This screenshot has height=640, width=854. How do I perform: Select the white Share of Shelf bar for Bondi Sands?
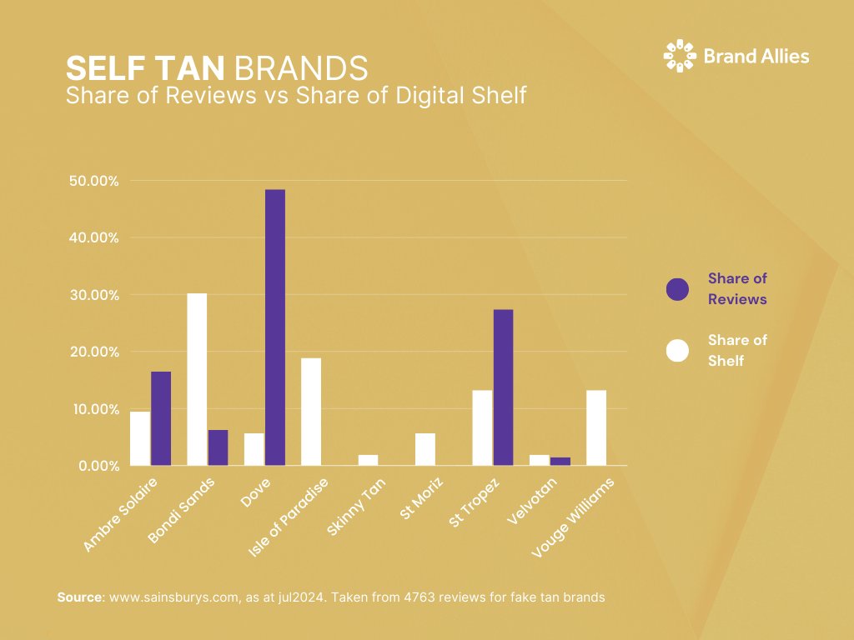pyautogui.click(x=197, y=379)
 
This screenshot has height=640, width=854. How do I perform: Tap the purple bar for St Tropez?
pyautogui.click(x=503, y=387)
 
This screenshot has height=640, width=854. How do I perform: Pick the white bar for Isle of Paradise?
pyautogui.click(x=310, y=412)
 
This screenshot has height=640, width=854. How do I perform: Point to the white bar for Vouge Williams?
pyautogui.click(x=595, y=427)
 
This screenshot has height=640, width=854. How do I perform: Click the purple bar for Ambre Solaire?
pyautogui.click(x=161, y=418)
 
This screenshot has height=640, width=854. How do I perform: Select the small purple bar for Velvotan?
pyautogui.click(x=560, y=461)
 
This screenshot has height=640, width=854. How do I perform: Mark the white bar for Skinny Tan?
pyautogui.click(x=368, y=460)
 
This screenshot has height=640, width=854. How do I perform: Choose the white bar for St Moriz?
pyautogui.click(x=424, y=449)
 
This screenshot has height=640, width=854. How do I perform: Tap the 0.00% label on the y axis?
pyautogui.click(x=98, y=466)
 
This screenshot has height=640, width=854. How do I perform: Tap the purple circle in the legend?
pyautogui.click(x=677, y=289)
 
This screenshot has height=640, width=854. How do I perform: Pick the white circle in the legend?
pyautogui.click(x=677, y=351)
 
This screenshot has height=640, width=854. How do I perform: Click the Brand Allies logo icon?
pyautogui.click(x=679, y=56)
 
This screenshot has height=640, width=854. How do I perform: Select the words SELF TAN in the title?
pyautogui.click(x=147, y=67)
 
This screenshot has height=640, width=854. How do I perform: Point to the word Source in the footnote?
pyautogui.click(x=79, y=597)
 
